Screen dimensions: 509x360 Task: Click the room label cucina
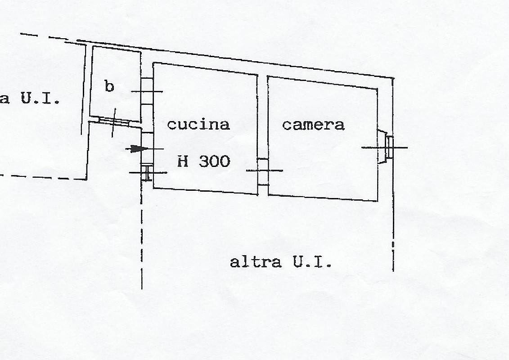tap(198, 125)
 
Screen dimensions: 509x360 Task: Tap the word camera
tap(313, 125)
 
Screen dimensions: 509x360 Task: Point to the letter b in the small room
tap(109, 86)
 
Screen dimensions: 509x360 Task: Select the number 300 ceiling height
tap(215, 161)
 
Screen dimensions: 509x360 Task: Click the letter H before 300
tap(183, 162)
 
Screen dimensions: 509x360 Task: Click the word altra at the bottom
tap(256, 262)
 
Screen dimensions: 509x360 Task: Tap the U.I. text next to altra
tap(312, 261)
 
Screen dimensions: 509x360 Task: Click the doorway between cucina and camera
tap(263, 171)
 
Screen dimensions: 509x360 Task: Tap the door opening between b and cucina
tap(147, 91)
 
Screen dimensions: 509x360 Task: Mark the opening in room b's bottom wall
tap(114, 121)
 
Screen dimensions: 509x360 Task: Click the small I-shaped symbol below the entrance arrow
tap(147, 173)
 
